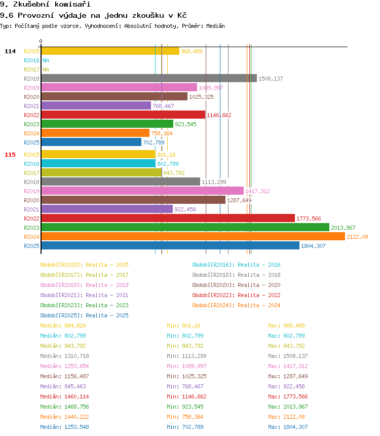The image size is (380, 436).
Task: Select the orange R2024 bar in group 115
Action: click(193, 237)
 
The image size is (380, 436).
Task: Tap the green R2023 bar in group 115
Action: click(185, 228)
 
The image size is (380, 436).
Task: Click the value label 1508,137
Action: click(271, 79)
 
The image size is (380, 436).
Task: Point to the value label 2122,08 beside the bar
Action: click(357, 237)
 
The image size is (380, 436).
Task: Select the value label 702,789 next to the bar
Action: click(154, 143)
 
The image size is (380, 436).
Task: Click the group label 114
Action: click(10, 51)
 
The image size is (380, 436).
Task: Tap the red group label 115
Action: click(10, 155)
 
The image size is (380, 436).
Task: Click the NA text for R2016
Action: click(46, 60)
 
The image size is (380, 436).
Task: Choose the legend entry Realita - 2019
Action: click(84, 285)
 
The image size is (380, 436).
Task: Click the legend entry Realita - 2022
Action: click(236, 295)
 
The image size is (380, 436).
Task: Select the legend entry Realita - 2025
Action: click(84, 315)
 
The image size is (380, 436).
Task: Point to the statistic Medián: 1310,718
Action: click(65, 356)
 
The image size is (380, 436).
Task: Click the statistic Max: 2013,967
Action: click(288, 407)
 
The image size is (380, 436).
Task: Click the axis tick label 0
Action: click(41, 41)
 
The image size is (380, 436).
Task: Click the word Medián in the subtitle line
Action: click(215, 26)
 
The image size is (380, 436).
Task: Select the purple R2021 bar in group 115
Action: click(106, 209)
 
